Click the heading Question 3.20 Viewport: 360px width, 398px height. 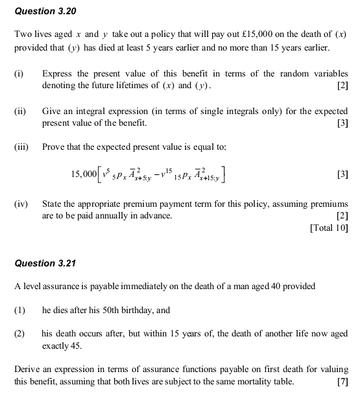(x=45, y=11)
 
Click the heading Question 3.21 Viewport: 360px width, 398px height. (x=45, y=263)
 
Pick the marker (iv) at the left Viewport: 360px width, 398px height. (x=21, y=205)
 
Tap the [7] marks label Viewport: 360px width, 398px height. (x=342, y=381)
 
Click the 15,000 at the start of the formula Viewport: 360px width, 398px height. (x=82, y=174)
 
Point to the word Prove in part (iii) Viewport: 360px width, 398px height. (x=54, y=147)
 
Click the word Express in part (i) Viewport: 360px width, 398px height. (x=57, y=75)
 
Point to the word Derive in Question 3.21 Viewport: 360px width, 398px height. (x=27, y=370)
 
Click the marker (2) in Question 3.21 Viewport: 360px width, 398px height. (x=19, y=334)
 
